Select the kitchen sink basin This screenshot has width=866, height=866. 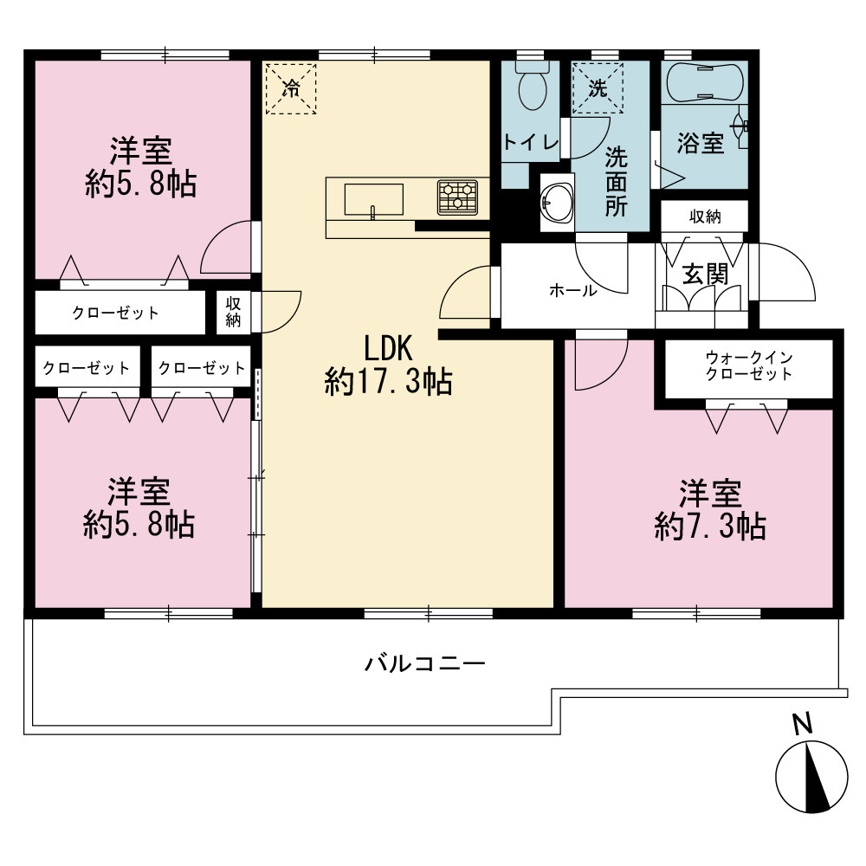pos(374,199)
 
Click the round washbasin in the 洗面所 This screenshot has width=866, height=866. pos(557,203)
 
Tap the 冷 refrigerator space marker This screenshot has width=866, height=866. pos(291,89)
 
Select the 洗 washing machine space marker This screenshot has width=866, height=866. pos(598,88)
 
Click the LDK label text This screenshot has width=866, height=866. pos(388,348)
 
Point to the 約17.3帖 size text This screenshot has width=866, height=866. pos(388,382)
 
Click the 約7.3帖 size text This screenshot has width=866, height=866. pos(710,527)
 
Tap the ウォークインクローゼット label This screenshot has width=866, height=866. pos(749,365)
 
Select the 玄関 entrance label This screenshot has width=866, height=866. pos(705,275)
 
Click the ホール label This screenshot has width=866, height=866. pos(572,290)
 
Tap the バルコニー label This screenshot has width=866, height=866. pos(424,662)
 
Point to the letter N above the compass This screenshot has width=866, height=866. pos(803,723)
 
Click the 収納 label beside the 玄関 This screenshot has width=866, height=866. pos(705,216)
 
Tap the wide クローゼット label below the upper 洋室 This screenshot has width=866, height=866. pos(115,313)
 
